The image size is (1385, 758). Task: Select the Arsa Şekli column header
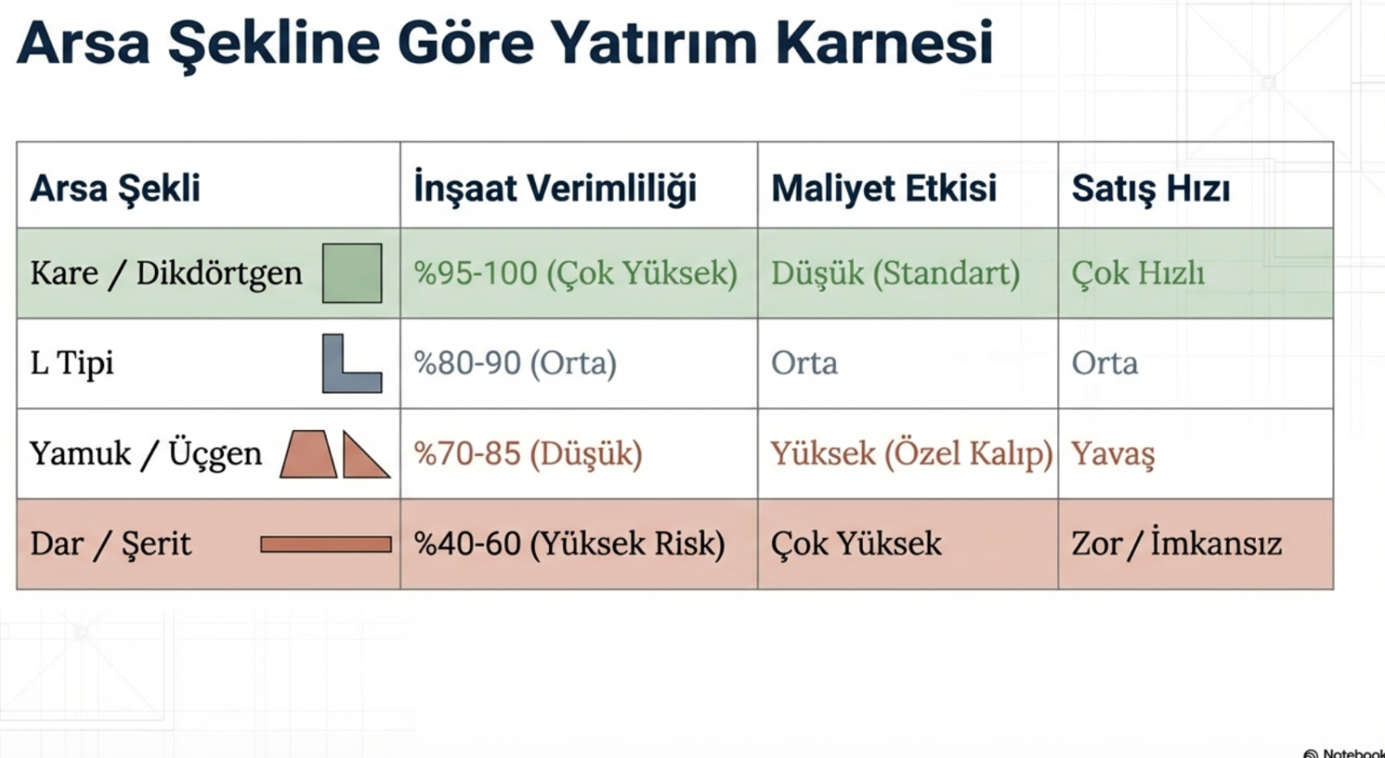pos(115,188)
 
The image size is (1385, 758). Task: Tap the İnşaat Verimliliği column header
pos(555,188)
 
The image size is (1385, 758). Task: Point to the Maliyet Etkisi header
pos(884,187)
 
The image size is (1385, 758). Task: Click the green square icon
pos(351,273)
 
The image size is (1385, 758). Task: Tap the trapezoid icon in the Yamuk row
pos(308,454)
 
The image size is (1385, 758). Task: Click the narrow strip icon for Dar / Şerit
pos(325,544)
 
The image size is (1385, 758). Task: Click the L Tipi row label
pos(72,363)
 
